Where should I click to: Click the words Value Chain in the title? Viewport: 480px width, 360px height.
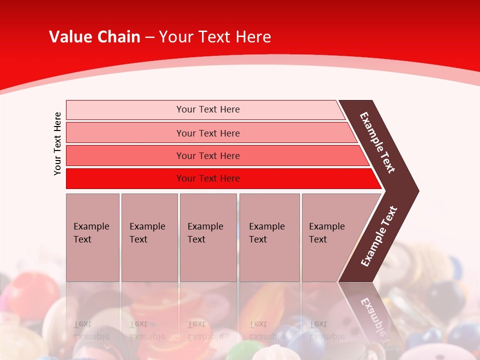coord(94,37)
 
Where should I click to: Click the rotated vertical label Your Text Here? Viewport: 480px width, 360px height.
coord(57,143)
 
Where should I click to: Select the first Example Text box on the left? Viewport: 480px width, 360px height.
coord(92,237)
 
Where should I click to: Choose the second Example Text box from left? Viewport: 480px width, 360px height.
coord(149,237)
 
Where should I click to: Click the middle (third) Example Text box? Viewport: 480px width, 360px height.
coord(208,237)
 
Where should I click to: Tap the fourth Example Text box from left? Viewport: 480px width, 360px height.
coord(269,237)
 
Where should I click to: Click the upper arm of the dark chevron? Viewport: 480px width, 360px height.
coord(377,142)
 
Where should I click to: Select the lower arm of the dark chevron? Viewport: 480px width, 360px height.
coord(379,236)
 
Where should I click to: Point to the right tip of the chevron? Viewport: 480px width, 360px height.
coord(416,191)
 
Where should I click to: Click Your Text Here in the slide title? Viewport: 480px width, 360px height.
coord(215,37)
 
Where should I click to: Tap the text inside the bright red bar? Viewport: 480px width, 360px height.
coord(208,178)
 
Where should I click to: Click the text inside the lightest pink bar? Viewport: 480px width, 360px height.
coord(208,109)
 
